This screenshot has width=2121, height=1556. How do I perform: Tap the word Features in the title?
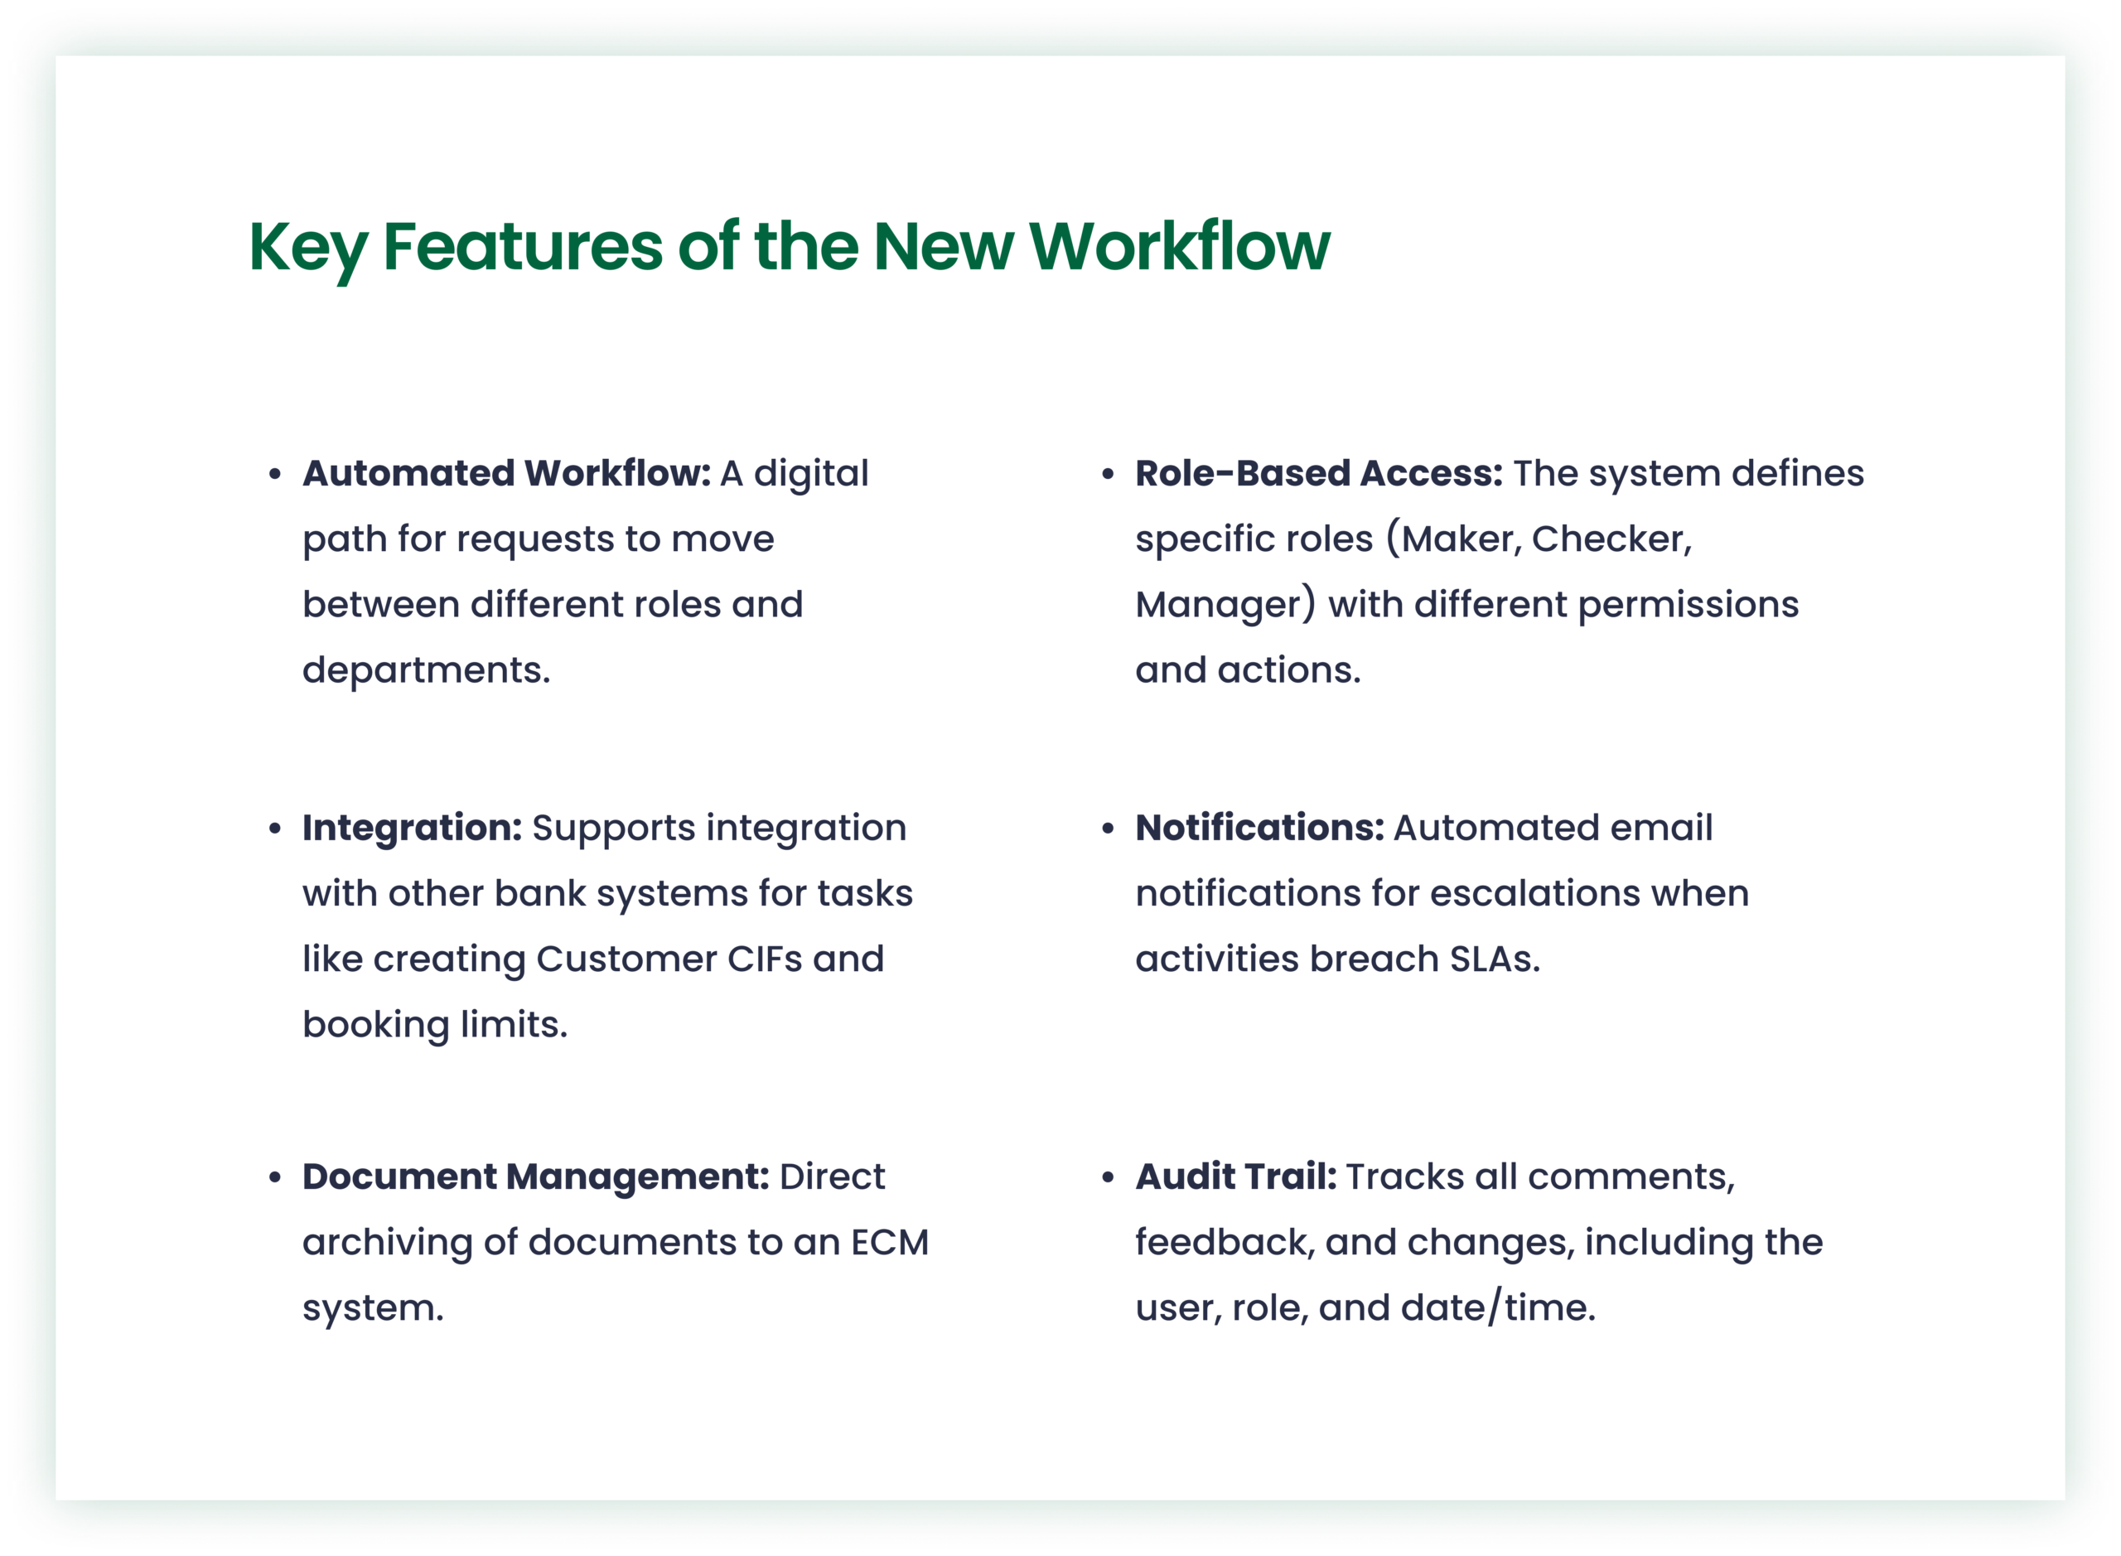click(x=523, y=247)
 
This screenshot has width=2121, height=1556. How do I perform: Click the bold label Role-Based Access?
click(x=1318, y=473)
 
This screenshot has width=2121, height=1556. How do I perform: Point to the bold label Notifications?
click(x=1260, y=827)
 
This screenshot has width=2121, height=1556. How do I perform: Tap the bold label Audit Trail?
click(x=1235, y=1177)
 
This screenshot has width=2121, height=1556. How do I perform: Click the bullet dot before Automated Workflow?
click(x=275, y=474)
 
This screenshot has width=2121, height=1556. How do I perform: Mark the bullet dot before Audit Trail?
click(x=1108, y=1177)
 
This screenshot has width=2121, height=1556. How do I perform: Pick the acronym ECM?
click(x=889, y=1242)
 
